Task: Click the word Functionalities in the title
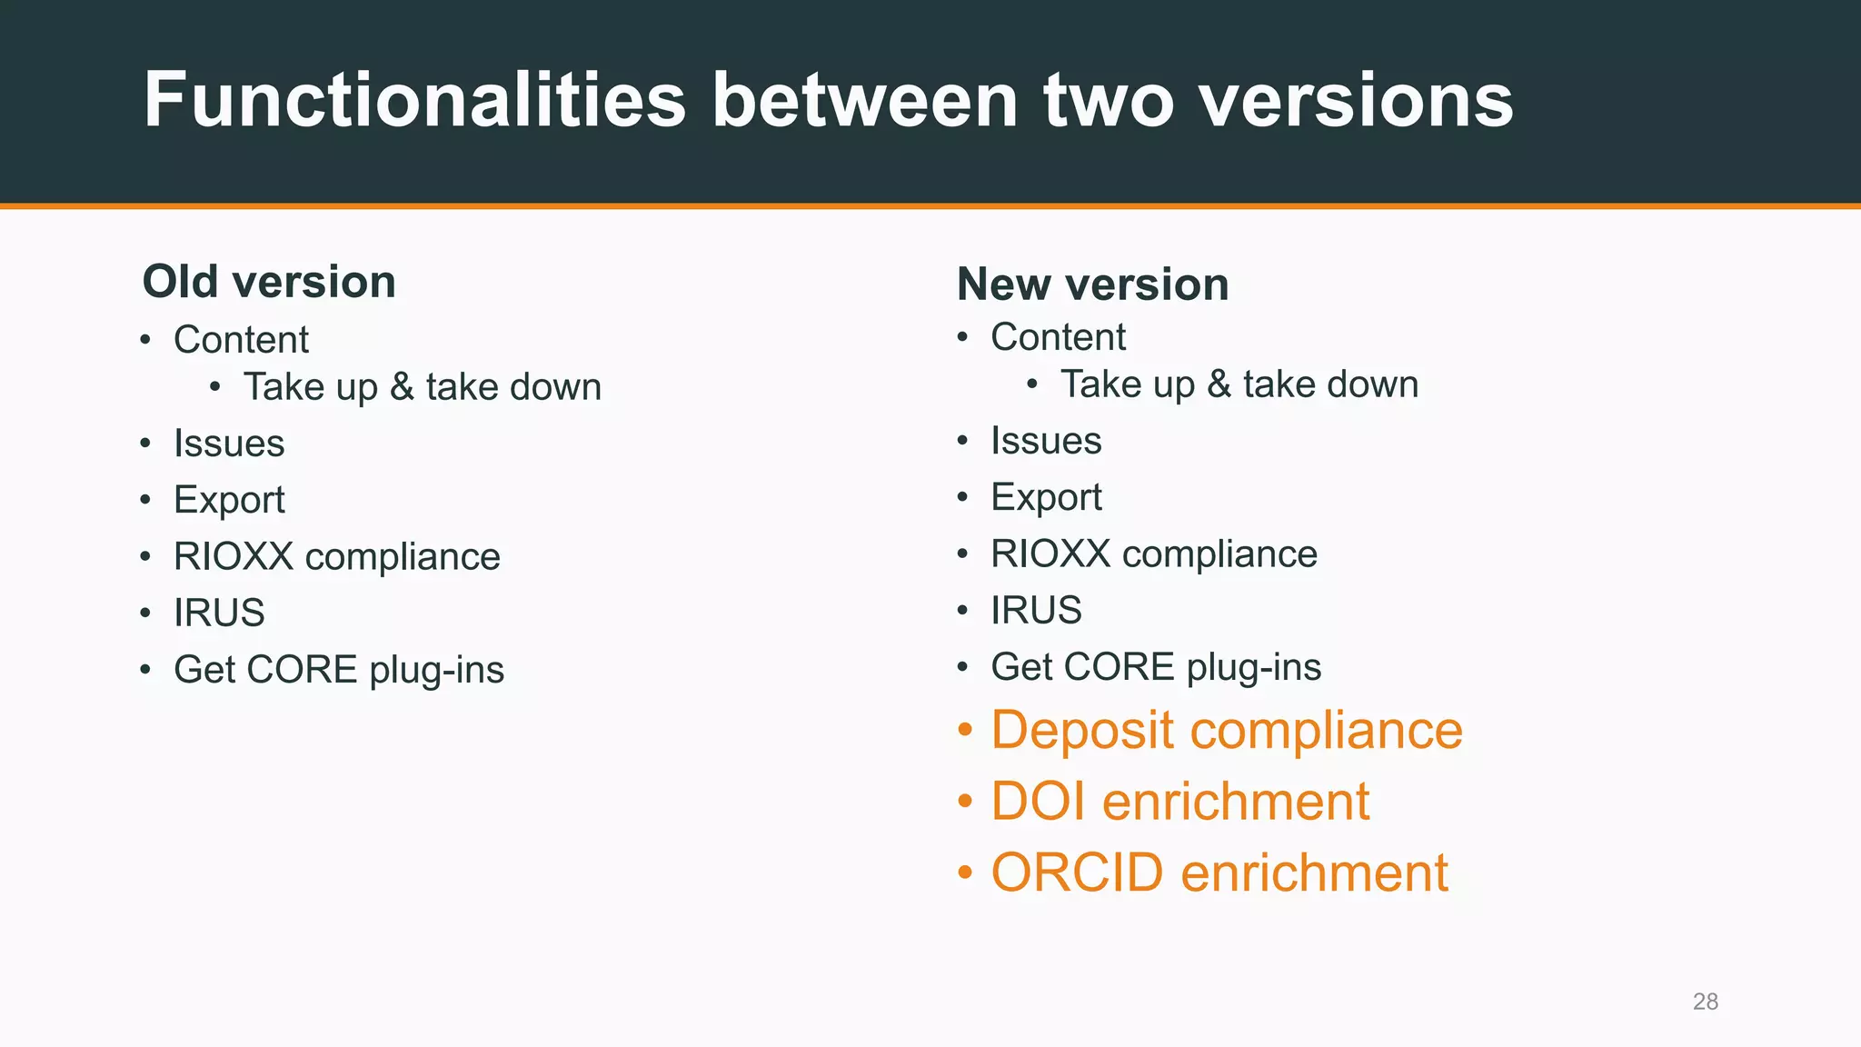(x=414, y=100)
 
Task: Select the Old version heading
(x=269, y=282)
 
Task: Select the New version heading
(x=1092, y=284)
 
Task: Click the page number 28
(x=1705, y=1002)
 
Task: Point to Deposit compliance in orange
(x=1226, y=730)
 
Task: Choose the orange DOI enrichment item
(x=1179, y=802)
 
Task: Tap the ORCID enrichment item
(x=1219, y=872)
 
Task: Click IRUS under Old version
(x=219, y=613)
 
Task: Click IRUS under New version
(x=1036, y=611)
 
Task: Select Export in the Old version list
(x=229, y=500)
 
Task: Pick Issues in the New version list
(x=1046, y=441)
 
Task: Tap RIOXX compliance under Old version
(x=336, y=557)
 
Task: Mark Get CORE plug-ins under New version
(x=1155, y=667)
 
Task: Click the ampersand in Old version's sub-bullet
(x=402, y=387)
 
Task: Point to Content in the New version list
(x=1058, y=337)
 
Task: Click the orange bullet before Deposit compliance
(x=965, y=730)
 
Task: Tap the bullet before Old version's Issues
(x=145, y=444)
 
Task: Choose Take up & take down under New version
(x=1239, y=384)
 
